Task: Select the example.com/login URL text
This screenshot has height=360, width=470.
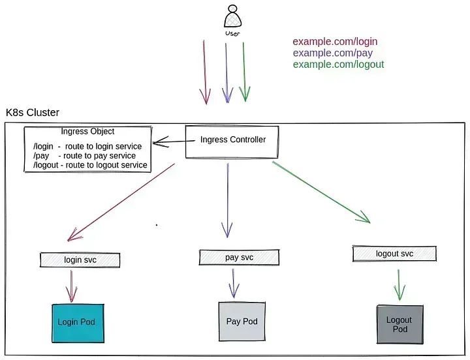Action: [x=335, y=42]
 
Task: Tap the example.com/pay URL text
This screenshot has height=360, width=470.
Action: [x=333, y=53]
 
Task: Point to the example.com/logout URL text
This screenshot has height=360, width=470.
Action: [x=338, y=65]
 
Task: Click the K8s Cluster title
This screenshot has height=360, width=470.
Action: [x=33, y=113]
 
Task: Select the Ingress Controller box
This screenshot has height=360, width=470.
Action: [x=232, y=142]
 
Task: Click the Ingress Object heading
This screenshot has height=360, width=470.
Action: [x=87, y=132]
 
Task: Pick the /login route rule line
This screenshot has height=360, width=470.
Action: [x=87, y=147]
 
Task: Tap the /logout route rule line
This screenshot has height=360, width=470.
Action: [x=90, y=165]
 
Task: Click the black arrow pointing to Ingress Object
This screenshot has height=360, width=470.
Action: [x=174, y=142]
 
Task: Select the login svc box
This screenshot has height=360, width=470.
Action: [x=80, y=260]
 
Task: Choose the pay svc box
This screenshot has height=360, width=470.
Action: [x=239, y=257]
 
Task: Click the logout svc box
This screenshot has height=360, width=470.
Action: [x=394, y=254]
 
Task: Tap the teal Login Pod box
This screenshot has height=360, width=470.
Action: [x=78, y=323]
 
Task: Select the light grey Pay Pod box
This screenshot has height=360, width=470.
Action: [x=242, y=322]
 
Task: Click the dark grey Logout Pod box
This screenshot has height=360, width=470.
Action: [x=400, y=324]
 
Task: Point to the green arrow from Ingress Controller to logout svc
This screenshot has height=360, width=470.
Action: [x=321, y=192]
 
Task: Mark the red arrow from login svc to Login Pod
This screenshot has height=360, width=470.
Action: [x=71, y=286]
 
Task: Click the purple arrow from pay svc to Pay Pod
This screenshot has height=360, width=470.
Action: [x=234, y=283]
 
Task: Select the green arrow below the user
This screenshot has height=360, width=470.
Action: [x=244, y=72]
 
